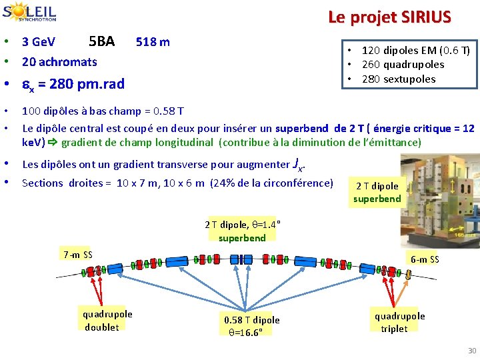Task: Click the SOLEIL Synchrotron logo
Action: (29, 13)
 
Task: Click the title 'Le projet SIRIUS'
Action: (389, 17)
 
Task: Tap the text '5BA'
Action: (101, 41)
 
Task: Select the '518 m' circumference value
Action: (153, 42)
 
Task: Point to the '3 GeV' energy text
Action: (39, 42)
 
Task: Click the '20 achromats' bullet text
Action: (59, 62)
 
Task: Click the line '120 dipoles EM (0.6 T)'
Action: (415, 50)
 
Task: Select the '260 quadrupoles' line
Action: (403, 65)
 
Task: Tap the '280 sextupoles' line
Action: (399, 79)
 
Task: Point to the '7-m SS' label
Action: (77, 254)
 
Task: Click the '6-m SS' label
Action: (425, 259)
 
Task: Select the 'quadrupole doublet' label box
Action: (107, 321)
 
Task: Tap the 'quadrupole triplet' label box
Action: (399, 323)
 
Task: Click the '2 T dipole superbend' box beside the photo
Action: (377, 192)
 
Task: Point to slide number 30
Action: (471, 351)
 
